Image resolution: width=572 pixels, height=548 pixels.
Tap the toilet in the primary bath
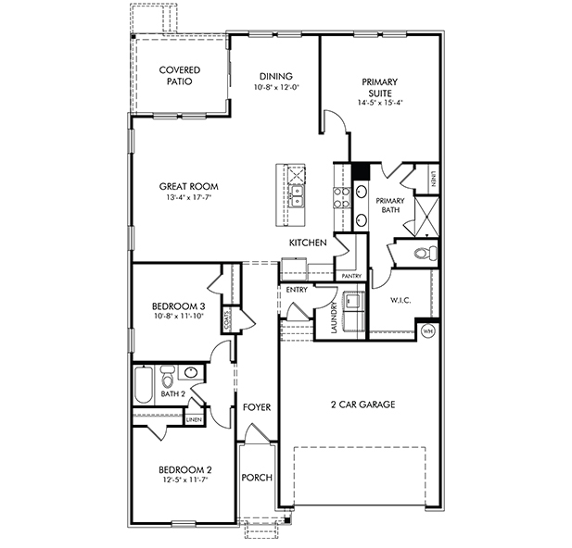point(426,252)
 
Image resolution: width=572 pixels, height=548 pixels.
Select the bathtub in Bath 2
point(144,385)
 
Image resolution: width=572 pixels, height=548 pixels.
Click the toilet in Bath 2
point(168,377)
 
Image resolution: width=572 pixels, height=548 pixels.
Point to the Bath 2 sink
point(191,372)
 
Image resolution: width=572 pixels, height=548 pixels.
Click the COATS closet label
point(227,320)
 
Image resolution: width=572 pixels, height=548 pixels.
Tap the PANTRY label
point(351,276)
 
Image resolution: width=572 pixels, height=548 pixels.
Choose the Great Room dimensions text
point(188,197)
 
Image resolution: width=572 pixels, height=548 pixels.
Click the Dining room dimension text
point(276,87)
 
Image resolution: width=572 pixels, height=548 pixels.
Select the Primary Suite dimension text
point(380,103)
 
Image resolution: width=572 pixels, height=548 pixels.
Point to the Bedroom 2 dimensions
point(185,479)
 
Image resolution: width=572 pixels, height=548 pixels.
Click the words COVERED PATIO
point(180,75)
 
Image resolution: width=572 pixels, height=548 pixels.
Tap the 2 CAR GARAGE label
point(363,405)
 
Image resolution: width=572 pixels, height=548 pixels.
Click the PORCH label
point(257,478)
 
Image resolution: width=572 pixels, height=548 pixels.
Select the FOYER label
point(257,407)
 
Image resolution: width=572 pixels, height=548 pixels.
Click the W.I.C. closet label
point(400,301)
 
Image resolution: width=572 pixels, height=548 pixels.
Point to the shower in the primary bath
point(426,217)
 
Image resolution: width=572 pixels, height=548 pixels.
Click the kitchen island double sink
point(297,196)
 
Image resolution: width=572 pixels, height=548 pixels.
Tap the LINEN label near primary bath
point(433,179)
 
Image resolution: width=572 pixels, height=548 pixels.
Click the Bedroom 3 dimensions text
point(178,316)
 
